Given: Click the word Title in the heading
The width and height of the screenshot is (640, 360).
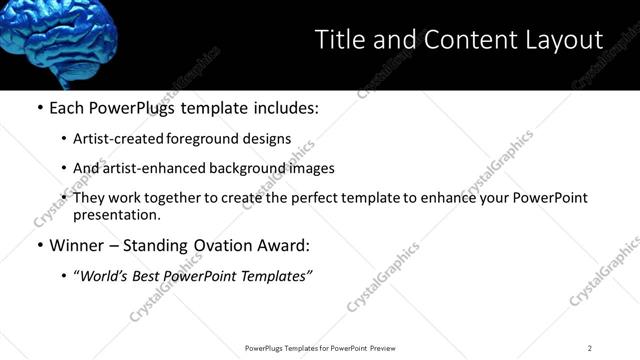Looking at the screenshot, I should click(338, 39).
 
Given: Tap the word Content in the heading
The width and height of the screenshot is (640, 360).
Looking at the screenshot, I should click(460, 39).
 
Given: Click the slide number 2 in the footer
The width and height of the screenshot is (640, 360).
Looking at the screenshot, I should click(590, 348).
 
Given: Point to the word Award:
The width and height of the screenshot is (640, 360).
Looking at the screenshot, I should click(283, 245).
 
